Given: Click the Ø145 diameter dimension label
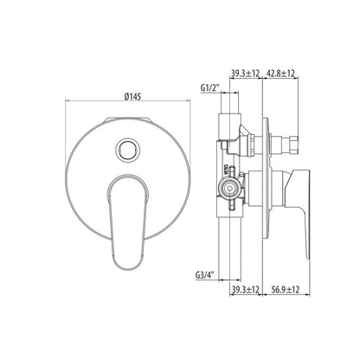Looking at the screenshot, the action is coord(132,96).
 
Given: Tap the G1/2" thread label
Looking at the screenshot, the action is coord(210,88).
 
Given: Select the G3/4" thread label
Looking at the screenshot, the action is coord(206,274).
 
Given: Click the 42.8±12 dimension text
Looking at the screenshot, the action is coord(281,74).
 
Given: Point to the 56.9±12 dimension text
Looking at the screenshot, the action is coord(286,289).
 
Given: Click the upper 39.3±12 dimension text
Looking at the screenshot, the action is coord(246,74).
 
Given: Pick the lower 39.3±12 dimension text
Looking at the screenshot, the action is coord(246,289).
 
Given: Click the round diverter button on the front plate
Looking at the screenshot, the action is coord(128,149).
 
